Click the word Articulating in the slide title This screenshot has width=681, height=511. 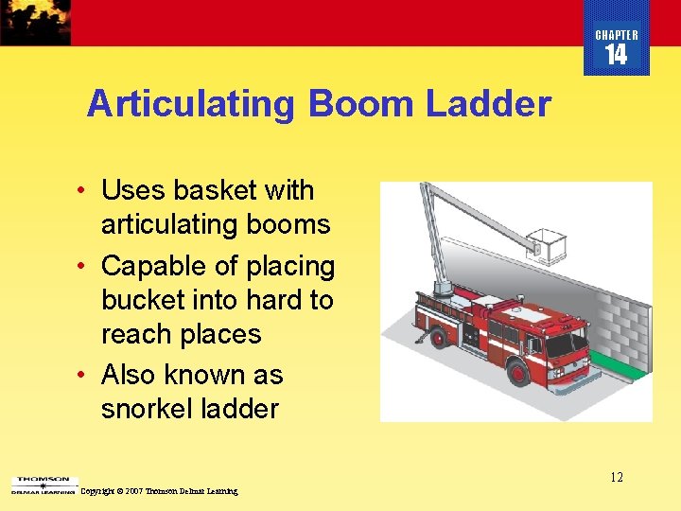pos(190,104)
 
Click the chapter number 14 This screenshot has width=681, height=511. pos(616,56)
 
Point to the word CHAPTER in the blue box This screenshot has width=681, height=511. pos(617,35)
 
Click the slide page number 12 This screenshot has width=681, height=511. pos(616,477)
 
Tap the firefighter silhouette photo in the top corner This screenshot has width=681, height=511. pos(35,22)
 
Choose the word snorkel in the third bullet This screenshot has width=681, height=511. pos(150,409)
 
